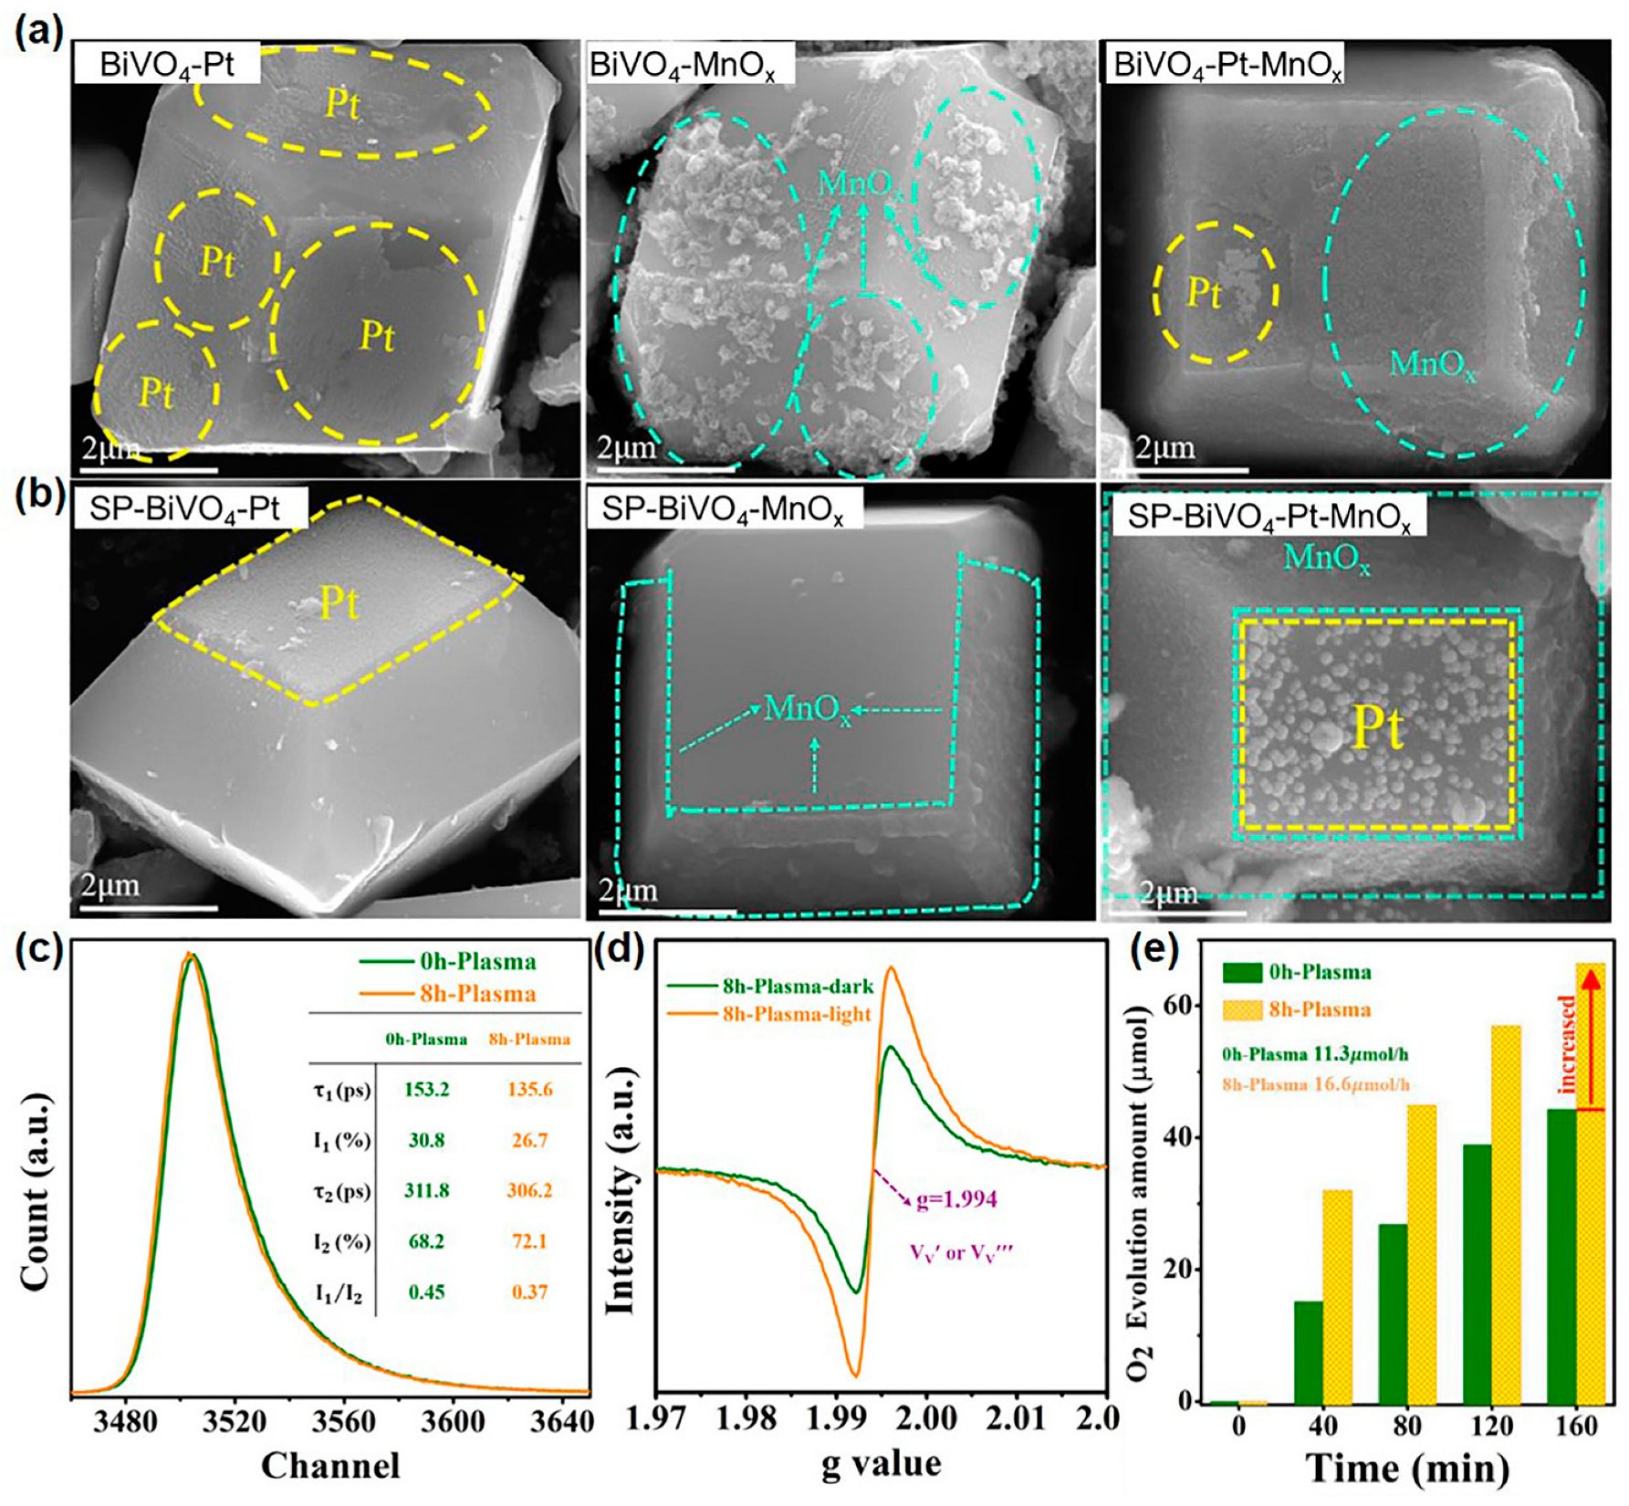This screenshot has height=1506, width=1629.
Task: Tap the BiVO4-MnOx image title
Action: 683,66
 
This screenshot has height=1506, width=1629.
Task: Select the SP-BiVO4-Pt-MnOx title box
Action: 1269,517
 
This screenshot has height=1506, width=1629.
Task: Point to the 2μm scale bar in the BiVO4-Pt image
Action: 149,469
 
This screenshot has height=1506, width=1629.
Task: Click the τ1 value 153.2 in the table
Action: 426,1090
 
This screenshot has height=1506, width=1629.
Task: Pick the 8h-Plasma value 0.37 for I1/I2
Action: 529,1292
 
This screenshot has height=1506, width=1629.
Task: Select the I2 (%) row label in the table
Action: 341,1242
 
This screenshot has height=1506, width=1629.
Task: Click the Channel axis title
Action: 330,1466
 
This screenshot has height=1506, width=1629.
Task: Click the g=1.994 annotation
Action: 956,1199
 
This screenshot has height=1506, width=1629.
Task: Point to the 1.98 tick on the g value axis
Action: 747,1418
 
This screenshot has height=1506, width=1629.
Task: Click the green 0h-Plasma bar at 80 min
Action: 1393,1314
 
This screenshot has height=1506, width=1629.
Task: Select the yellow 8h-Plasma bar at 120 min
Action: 1505,1214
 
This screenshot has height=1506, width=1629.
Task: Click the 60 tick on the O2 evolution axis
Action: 1183,1005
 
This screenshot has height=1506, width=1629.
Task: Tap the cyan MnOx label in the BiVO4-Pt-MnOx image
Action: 1431,364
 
